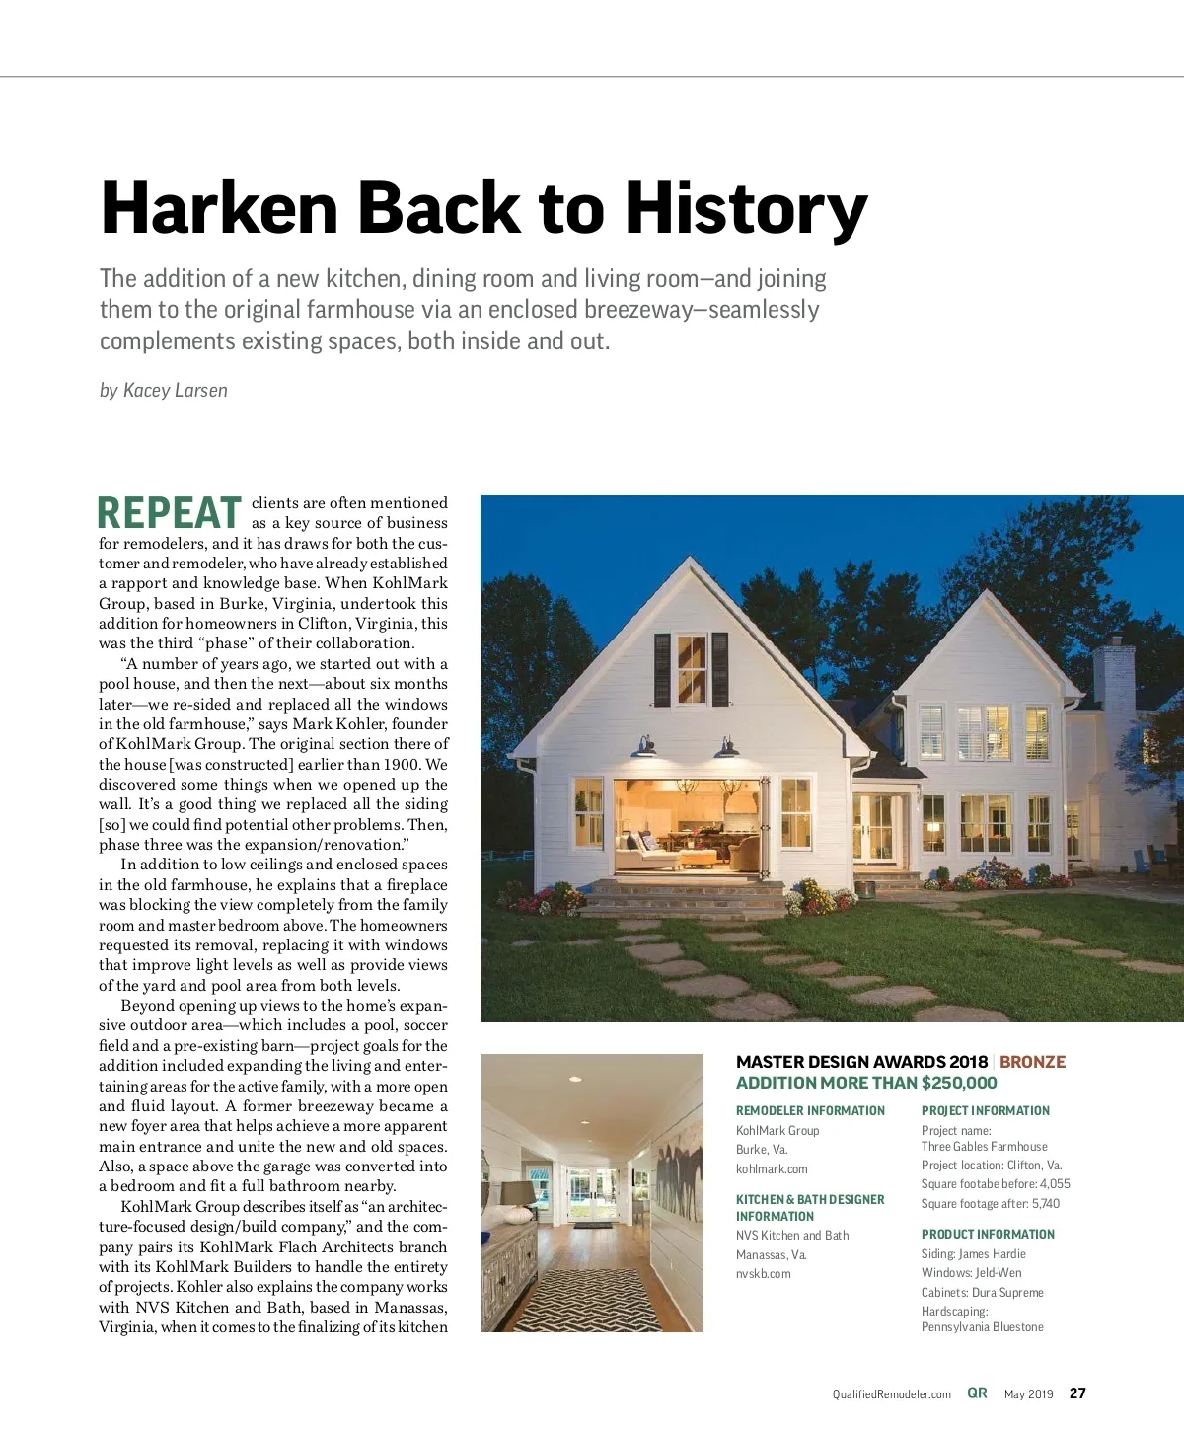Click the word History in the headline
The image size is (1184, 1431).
tap(746, 209)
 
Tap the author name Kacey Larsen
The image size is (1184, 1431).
tap(176, 391)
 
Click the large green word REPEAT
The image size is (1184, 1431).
tap(170, 513)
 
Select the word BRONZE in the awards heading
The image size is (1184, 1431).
tap(1032, 1062)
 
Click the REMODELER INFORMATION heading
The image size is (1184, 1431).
tap(810, 1111)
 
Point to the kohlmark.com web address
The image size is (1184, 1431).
tap(772, 1169)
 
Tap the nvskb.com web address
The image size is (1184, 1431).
tap(764, 1274)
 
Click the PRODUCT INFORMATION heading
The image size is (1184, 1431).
tap(988, 1235)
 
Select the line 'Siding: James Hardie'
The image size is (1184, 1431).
tap(973, 1254)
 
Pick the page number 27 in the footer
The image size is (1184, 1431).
tap(1077, 1393)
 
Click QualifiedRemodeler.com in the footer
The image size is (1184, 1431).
tap(891, 1394)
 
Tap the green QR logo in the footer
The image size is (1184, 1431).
tap(977, 1393)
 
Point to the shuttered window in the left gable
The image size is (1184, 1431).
tap(692, 669)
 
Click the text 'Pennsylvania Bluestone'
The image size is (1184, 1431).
tap(982, 1327)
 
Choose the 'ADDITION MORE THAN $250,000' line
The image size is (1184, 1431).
tap(865, 1083)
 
